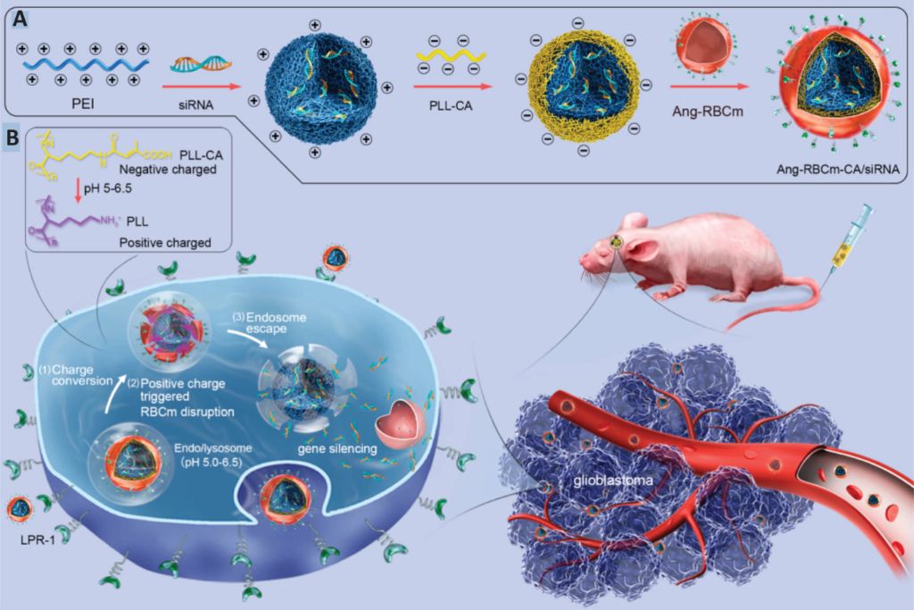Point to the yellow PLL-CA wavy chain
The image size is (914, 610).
pyautogui.click(x=452, y=58)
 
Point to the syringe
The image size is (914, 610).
pyautogui.click(x=852, y=238)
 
